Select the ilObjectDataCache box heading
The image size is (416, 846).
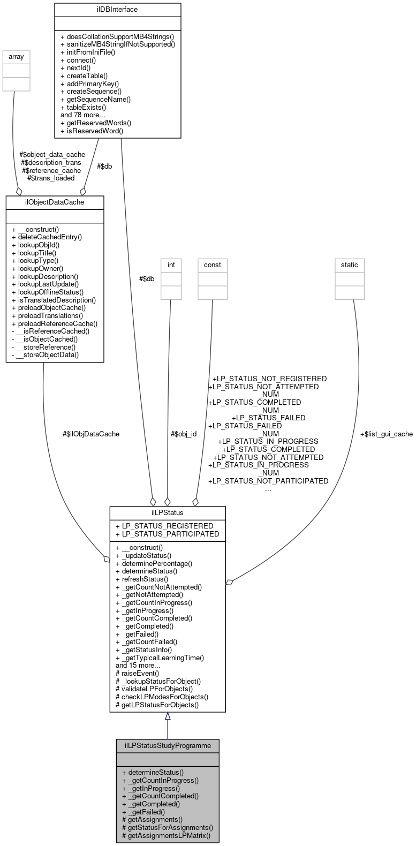coord(55,202)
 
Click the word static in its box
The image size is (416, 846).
coord(350,265)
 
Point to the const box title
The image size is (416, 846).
coord(213,265)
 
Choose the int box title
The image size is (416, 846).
coord(171,265)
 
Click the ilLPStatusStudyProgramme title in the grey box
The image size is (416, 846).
coord(168,745)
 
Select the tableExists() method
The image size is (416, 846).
coord(91,107)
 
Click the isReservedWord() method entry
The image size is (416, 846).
coord(92,130)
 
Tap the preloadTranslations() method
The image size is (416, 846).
coord(48,315)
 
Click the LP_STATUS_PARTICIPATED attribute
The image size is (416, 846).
coord(167,534)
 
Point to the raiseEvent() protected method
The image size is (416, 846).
coord(137,673)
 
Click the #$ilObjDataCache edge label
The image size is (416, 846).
coord(91,434)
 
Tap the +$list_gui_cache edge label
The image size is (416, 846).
coord(386,434)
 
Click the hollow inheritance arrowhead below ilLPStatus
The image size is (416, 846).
coord(168,716)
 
